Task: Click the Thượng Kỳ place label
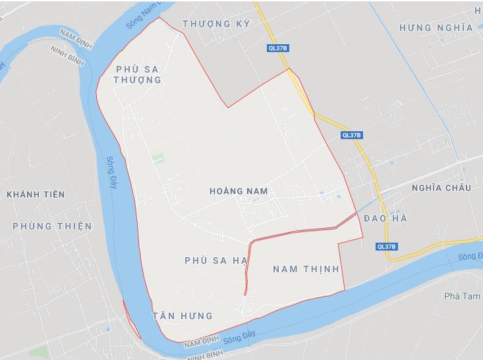point(216,24)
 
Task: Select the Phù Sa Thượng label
point(138,74)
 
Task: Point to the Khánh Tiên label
point(36,194)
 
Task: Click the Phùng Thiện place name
point(52,226)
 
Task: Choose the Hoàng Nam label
point(238,191)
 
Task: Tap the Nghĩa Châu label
point(441,188)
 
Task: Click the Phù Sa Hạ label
point(215,260)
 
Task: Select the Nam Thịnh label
point(305,269)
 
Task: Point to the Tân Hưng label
point(182,316)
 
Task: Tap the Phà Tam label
point(459,297)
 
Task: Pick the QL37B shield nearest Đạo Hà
point(387,247)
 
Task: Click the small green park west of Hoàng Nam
point(157,159)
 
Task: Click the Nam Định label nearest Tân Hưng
point(201,344)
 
